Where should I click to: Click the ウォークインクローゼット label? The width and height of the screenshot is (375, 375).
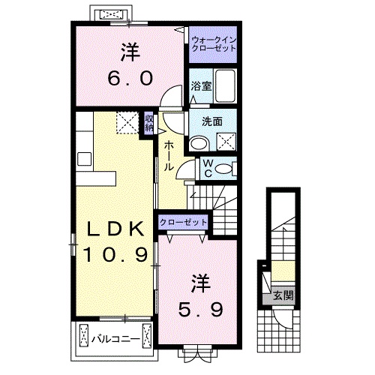click(212, 43)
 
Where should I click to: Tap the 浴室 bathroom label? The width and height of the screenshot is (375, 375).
click(200, 85)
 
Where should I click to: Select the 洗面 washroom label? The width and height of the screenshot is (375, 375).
click(211, 120)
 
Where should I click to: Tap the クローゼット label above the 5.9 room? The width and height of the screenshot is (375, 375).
click(182, 223)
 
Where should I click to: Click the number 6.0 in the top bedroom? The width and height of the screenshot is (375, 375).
click(128, 76)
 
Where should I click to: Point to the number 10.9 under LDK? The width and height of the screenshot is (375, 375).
click(114, 255)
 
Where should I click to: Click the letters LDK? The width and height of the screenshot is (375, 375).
click(114, 229)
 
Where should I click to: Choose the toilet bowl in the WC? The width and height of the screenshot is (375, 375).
click(223, 169)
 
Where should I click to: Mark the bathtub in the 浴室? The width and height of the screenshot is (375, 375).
click(226, 85)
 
